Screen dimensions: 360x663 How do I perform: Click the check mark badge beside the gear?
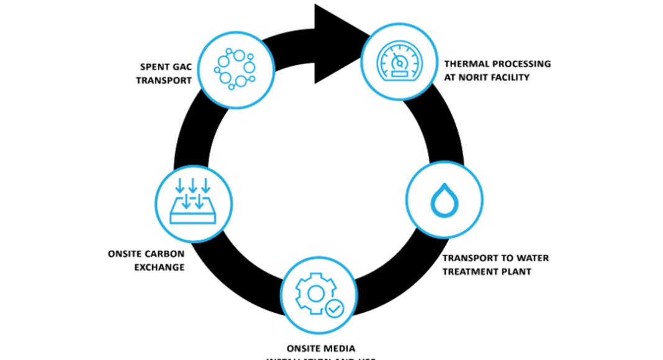(333, 307)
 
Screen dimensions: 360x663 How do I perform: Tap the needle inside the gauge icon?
(397, 61)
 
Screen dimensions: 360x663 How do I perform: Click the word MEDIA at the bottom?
(341, 348)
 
